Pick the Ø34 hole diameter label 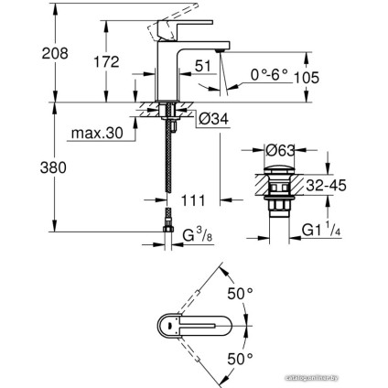[x=215, y=115]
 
